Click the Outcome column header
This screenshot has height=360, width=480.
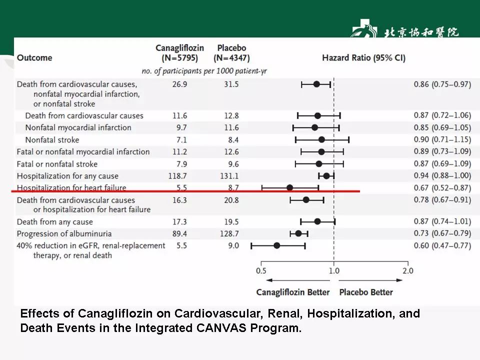pyautogui.click(x=34, y=58)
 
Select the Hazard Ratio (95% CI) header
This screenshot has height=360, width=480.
pyautogui.click(x=363, y=58)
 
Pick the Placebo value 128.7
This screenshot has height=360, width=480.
pyautogui.click(x=228, y=234)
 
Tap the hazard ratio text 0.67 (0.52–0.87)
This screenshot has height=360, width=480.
pyautogui.click(x=442, y=188)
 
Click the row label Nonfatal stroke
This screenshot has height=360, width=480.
pyautogui.click(x=52, y=140)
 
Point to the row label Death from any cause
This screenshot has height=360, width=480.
pyautogui.click(x=55, y=222)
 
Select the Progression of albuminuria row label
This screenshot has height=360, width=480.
pyautogui.click(x=64, y=234)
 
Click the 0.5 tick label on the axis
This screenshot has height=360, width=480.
pyautogui.click(x=261, y=271)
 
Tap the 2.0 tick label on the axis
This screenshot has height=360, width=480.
pyautogui.click(x=408, y=271)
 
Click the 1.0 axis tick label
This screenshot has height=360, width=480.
pyautogui.click(x=334, y=271)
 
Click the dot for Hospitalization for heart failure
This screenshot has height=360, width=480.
pyautogui.click(x=289, y=188)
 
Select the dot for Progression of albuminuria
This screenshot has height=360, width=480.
pyautogui.click(x=298, y=233)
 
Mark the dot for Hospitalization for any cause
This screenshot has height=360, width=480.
pyautogui.click(x=326, y=175)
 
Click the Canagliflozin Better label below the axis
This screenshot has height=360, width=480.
pyautogui.click(x=293, y=292)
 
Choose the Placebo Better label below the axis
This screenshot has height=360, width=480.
pyautogui.click(x=366, y=292)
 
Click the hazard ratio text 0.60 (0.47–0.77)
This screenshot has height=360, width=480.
pyautogui.click(x=442, y=245)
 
